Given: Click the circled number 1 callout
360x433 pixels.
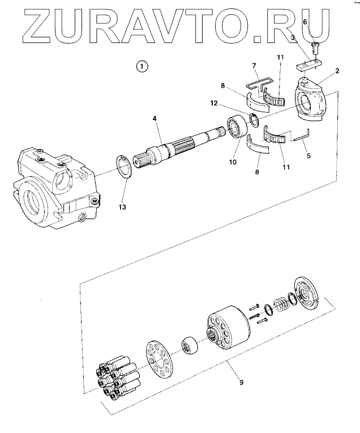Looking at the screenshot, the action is coord(142,66).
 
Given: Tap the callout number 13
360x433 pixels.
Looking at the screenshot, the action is coord(122,207).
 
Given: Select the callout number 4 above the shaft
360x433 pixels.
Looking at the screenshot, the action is coord(155,118).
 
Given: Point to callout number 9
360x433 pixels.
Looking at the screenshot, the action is coord(241,383).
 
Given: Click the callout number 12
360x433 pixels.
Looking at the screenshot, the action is coord(214,103).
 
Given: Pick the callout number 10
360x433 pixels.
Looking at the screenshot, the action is coord(233,162).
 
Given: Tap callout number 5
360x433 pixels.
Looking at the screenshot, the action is coord(308,156).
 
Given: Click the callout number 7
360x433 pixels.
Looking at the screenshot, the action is coord(254,66).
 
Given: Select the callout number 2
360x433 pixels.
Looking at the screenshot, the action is coord(337,71).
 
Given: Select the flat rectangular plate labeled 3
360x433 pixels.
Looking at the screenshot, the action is coord(310,66).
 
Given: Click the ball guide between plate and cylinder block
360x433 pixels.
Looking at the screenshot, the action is coord(190,345).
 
